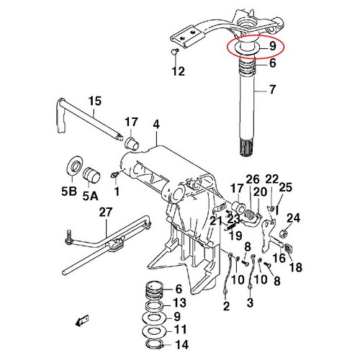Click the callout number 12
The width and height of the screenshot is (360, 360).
click(179, 71)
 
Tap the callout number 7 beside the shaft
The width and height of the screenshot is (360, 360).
click(272, 89)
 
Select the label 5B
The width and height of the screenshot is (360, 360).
click(69, 191)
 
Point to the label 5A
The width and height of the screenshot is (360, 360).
click(91, 196)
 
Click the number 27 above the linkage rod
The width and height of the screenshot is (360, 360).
click(106, 212)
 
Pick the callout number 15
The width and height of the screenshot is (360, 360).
click(95, 101)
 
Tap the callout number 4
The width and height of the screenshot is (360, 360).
click(156, 125)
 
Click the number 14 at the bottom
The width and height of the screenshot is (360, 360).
click(182, 345)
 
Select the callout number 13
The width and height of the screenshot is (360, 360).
click(180, 303)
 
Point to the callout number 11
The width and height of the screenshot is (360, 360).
click(180, 329)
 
